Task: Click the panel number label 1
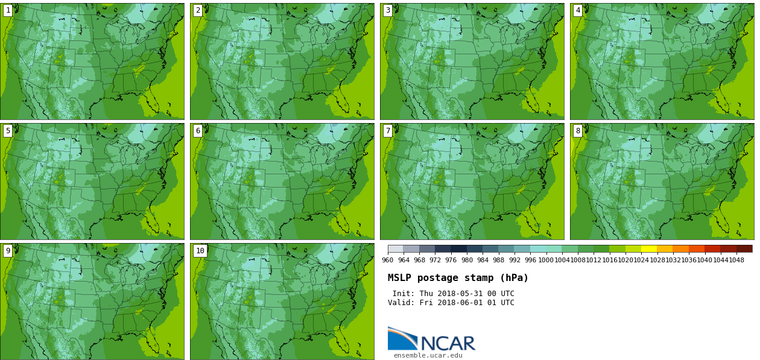coord(8,10)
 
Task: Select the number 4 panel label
coord(578,10)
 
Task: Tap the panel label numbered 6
coord(198,131)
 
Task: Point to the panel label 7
coord(388,131)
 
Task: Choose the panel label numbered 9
coord(8,251)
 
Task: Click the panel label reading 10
coord(200,251)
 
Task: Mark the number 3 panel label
coord(388,10)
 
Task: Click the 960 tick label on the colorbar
coord(387,261)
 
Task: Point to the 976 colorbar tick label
coord(451,261)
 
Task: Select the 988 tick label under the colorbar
coord(498,261)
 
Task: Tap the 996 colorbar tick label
coord(530,261)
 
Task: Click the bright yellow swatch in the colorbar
coord(649,248)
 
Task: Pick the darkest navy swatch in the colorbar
coord(458,248)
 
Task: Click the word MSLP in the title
coord(400,278)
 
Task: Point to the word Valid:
coord(401,303)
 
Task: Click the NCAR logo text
coord(448,344)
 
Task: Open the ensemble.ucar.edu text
coord(428,356)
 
